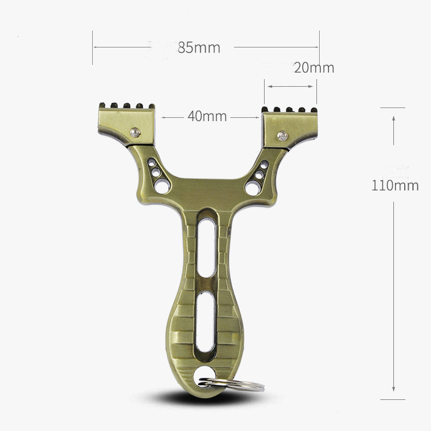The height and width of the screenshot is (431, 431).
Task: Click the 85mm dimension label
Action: [199, 47]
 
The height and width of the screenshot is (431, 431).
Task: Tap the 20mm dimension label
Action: [314, 68]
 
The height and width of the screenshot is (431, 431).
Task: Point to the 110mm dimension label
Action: [395, 185]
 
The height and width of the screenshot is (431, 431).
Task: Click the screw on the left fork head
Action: [135, 131]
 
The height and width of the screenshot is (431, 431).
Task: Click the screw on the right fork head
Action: [282, 135]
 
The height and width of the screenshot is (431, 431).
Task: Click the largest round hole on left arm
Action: [162, 186]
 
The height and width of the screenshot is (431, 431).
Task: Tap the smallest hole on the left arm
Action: [151, 163]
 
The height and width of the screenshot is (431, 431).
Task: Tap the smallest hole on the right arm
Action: [264, 164]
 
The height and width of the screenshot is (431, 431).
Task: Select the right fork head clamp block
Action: [290, 128]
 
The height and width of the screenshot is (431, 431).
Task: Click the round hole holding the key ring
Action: [205, 375]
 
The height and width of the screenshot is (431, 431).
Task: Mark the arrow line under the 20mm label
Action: [290, 86]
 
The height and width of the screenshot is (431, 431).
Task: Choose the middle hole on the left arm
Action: [156, 172]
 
